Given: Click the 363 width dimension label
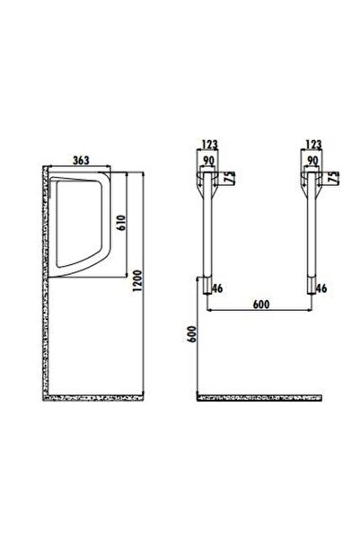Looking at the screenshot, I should [x=79, y=160].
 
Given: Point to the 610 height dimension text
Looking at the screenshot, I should [x=119, y=229].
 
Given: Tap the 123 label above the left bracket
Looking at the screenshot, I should [x=209, y=144].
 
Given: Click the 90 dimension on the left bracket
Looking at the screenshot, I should [x=210, y=160].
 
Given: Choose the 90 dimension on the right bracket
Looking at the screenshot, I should [x=313, y=160].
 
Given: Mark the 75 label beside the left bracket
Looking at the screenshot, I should [x=231, y=178].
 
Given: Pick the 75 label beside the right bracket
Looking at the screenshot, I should [x=334, y=178].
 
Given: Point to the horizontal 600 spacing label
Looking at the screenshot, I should [x=260, y=305].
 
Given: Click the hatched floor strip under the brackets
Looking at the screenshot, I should [x=260, y=396].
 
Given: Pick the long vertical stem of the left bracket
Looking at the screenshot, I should [x=209, y=238].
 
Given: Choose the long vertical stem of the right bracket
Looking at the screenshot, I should [x=312, y=238].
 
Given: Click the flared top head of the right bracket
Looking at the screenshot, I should [x=312, y=181].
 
